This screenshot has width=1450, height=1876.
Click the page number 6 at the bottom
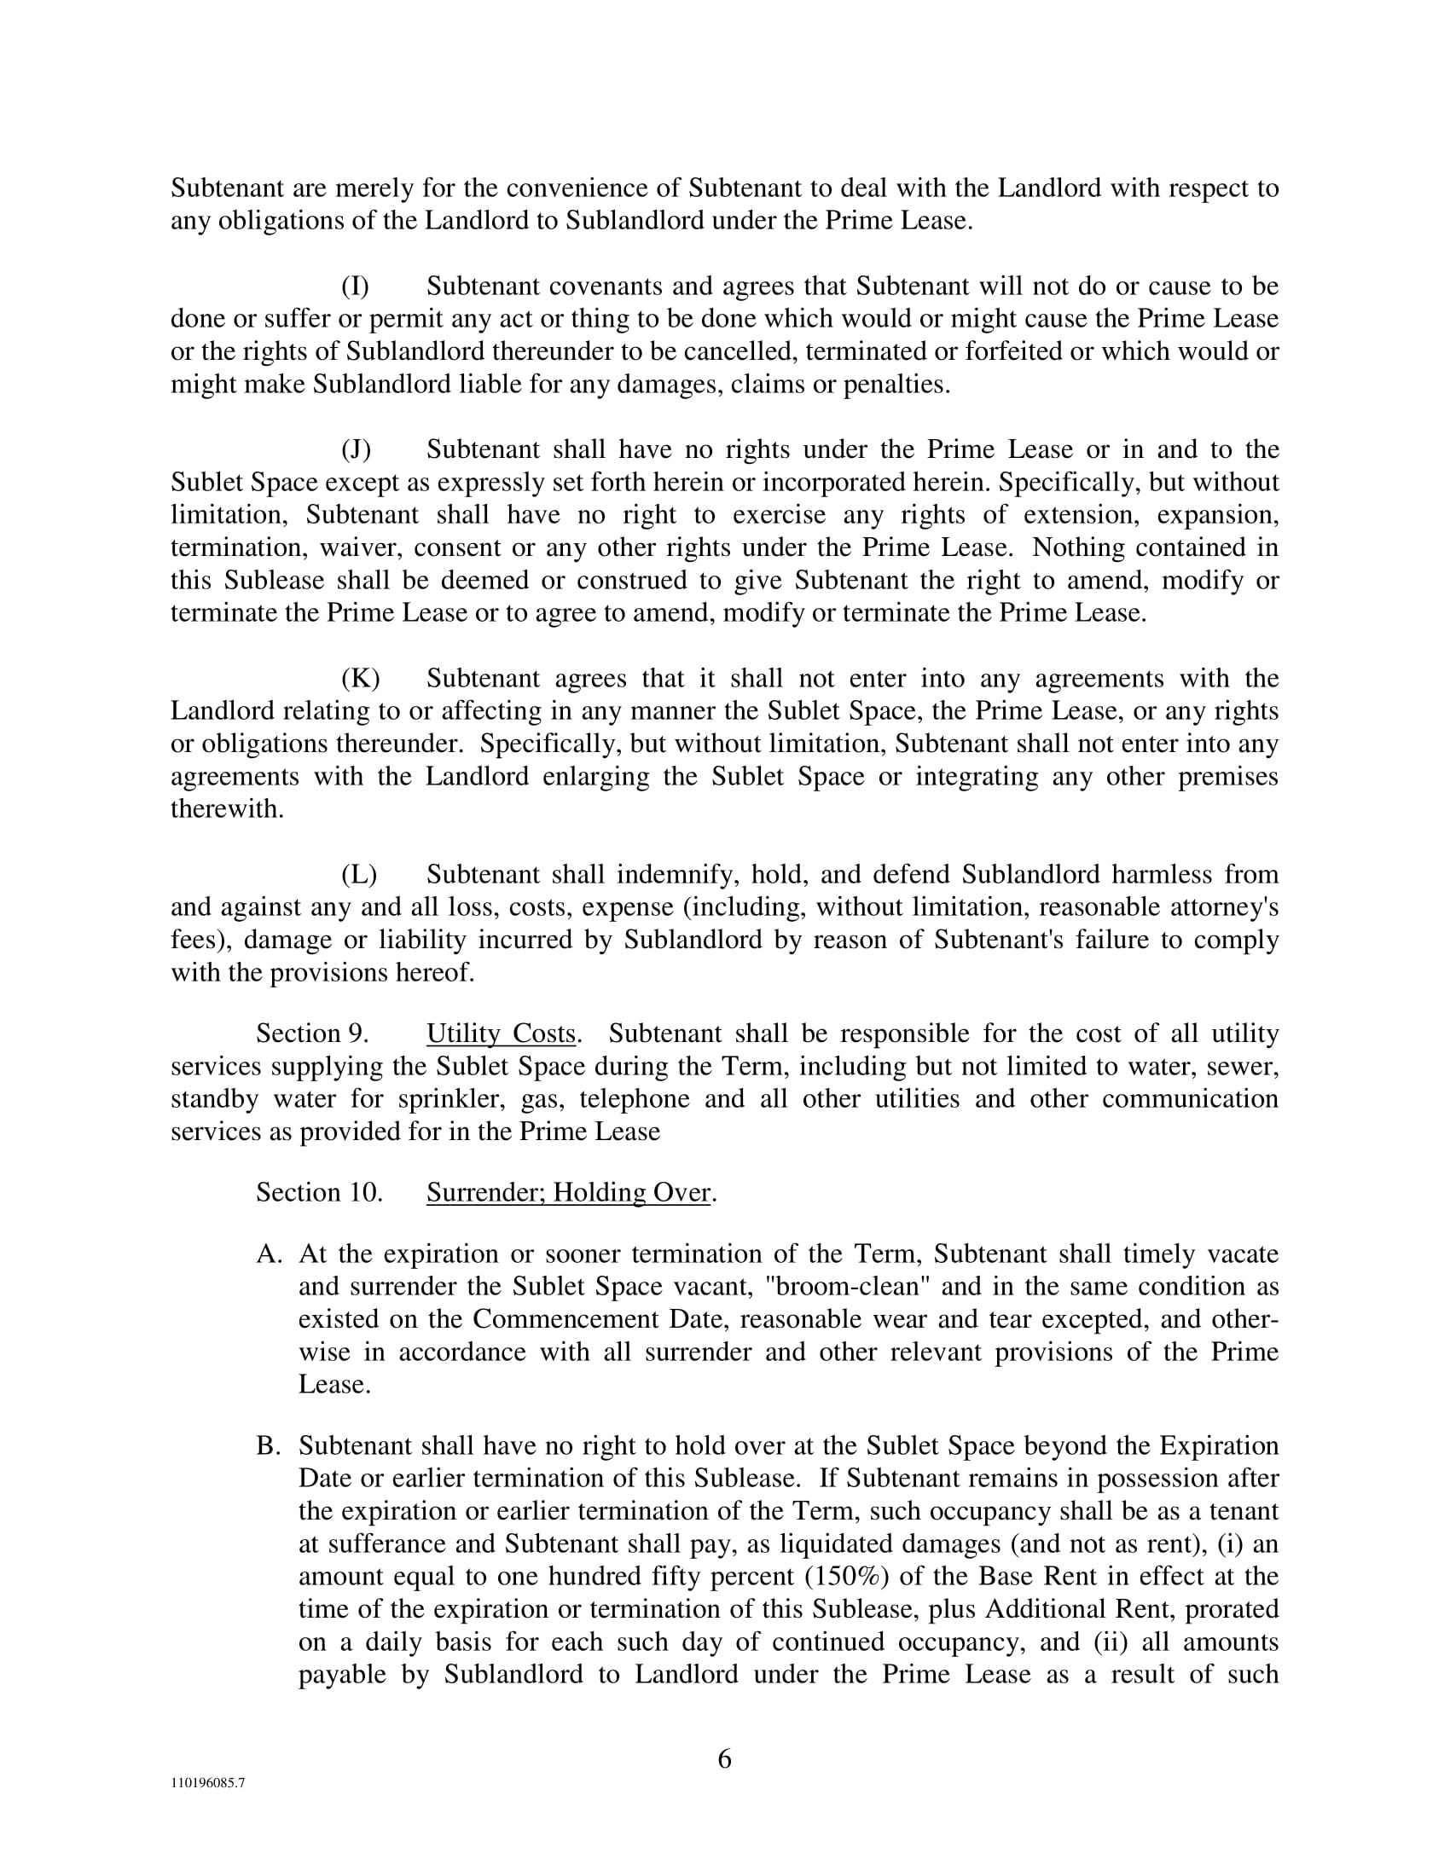724,1759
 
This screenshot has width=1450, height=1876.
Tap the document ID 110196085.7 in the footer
207,1782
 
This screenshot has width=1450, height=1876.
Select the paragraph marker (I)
356,286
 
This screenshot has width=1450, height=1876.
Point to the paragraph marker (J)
357,449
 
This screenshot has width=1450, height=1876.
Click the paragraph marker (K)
360,679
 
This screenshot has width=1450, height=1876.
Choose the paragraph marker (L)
359,874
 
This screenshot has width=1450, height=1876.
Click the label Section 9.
312,1034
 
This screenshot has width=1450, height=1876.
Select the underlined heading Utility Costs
501,1034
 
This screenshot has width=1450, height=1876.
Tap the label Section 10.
319,1192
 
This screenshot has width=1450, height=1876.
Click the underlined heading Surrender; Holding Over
569,1192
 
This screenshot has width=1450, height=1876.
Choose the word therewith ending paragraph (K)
226,809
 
